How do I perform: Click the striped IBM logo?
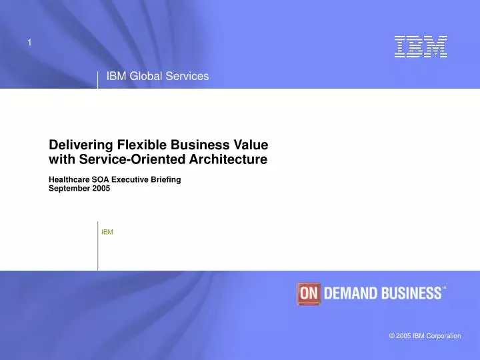click(x=421, y=47)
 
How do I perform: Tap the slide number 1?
click(x=29, y=43)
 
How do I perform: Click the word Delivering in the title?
click(x=81, y=145)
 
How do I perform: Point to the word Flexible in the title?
click(x=142, y=145)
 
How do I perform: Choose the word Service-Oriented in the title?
click(x=132, y=159)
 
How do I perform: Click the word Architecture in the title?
click(x=229, y=159)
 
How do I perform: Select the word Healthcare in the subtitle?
click(x=69, y=179)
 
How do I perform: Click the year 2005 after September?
click(x=101, y=188)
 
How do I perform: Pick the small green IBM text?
click(x=107, y=232)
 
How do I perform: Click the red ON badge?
click(x=309, y=293)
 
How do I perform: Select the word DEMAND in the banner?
click(x=351, y=293)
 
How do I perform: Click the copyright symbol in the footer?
click(x=392, y=336)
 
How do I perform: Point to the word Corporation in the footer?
click(x=443, y=336)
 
